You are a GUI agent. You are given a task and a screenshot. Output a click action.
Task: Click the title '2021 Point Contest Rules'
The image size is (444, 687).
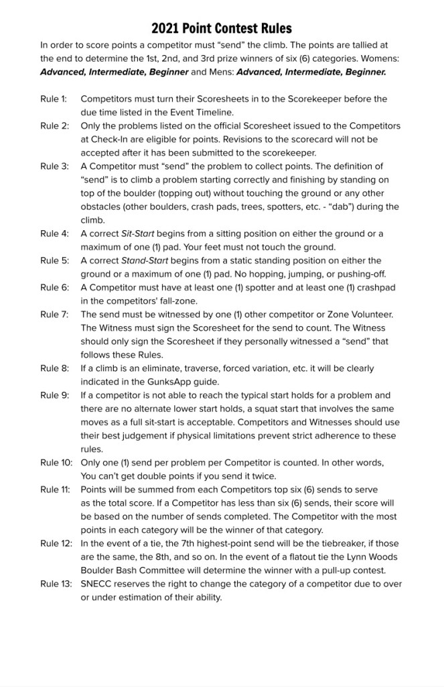222,28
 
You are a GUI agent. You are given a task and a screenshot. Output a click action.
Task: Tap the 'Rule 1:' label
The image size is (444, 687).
54,99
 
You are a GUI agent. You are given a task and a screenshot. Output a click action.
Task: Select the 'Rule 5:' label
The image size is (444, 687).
54,260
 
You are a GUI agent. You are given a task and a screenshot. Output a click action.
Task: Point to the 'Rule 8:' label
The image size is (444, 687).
54,368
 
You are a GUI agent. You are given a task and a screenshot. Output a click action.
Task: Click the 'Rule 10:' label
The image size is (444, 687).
56,463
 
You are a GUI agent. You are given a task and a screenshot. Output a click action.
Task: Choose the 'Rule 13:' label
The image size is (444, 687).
56,584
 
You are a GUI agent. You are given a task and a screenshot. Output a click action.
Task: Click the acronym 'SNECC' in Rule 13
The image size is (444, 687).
98,584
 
